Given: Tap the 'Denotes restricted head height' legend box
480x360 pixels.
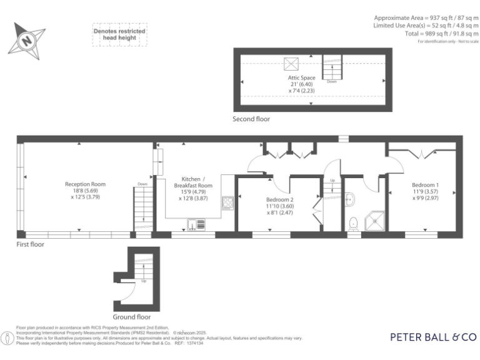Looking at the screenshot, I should tap(119, 35).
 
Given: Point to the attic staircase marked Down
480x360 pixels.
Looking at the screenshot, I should tap(332, 67).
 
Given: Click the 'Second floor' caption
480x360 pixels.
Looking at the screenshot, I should tap(251, 119).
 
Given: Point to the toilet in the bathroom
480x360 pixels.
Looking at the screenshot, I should tap(353, 222).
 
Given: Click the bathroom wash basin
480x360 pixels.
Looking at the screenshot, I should tap(350, 199).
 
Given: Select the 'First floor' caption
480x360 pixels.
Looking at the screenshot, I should tap(30, 245).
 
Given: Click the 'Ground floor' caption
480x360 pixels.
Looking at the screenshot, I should tap(132, 308).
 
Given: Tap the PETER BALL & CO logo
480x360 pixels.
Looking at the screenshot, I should tap(433, 337).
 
